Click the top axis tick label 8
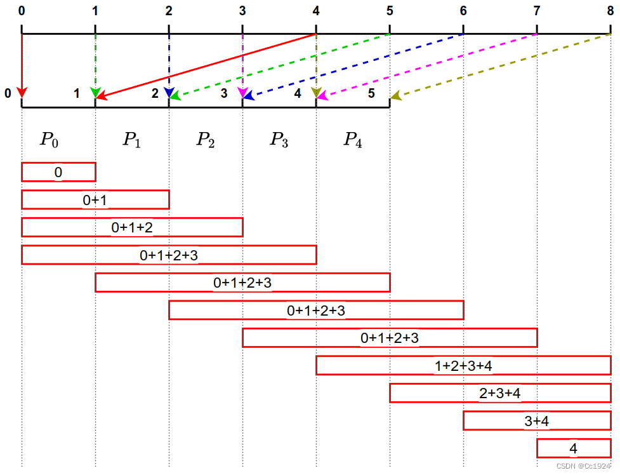click(x=610, y=10)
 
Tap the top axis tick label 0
click(x=22, y=10)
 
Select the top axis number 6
click(x=463, y=10)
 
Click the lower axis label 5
click(x=372, y=93)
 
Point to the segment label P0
click(x=49, y=140)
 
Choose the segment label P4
click(x=353, y=140)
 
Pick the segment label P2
click(x=205, y=140)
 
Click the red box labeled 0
click(x=58, y=172)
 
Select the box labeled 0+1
click(x=95, y=199)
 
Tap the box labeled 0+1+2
click(x=132, y=227)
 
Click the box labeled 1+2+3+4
click(x=463, y=365)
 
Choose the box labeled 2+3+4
click(x=500, y=393)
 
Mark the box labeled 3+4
click(x=537, y=420)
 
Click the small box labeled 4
click(x=574, y=448)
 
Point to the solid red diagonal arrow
click(x=206, y=65)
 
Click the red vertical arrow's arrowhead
click(x=22, y=93)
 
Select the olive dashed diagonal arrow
click(x=501, y=65)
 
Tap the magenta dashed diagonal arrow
click(x=427, y=65)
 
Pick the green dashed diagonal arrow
click(x=280, y=65)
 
